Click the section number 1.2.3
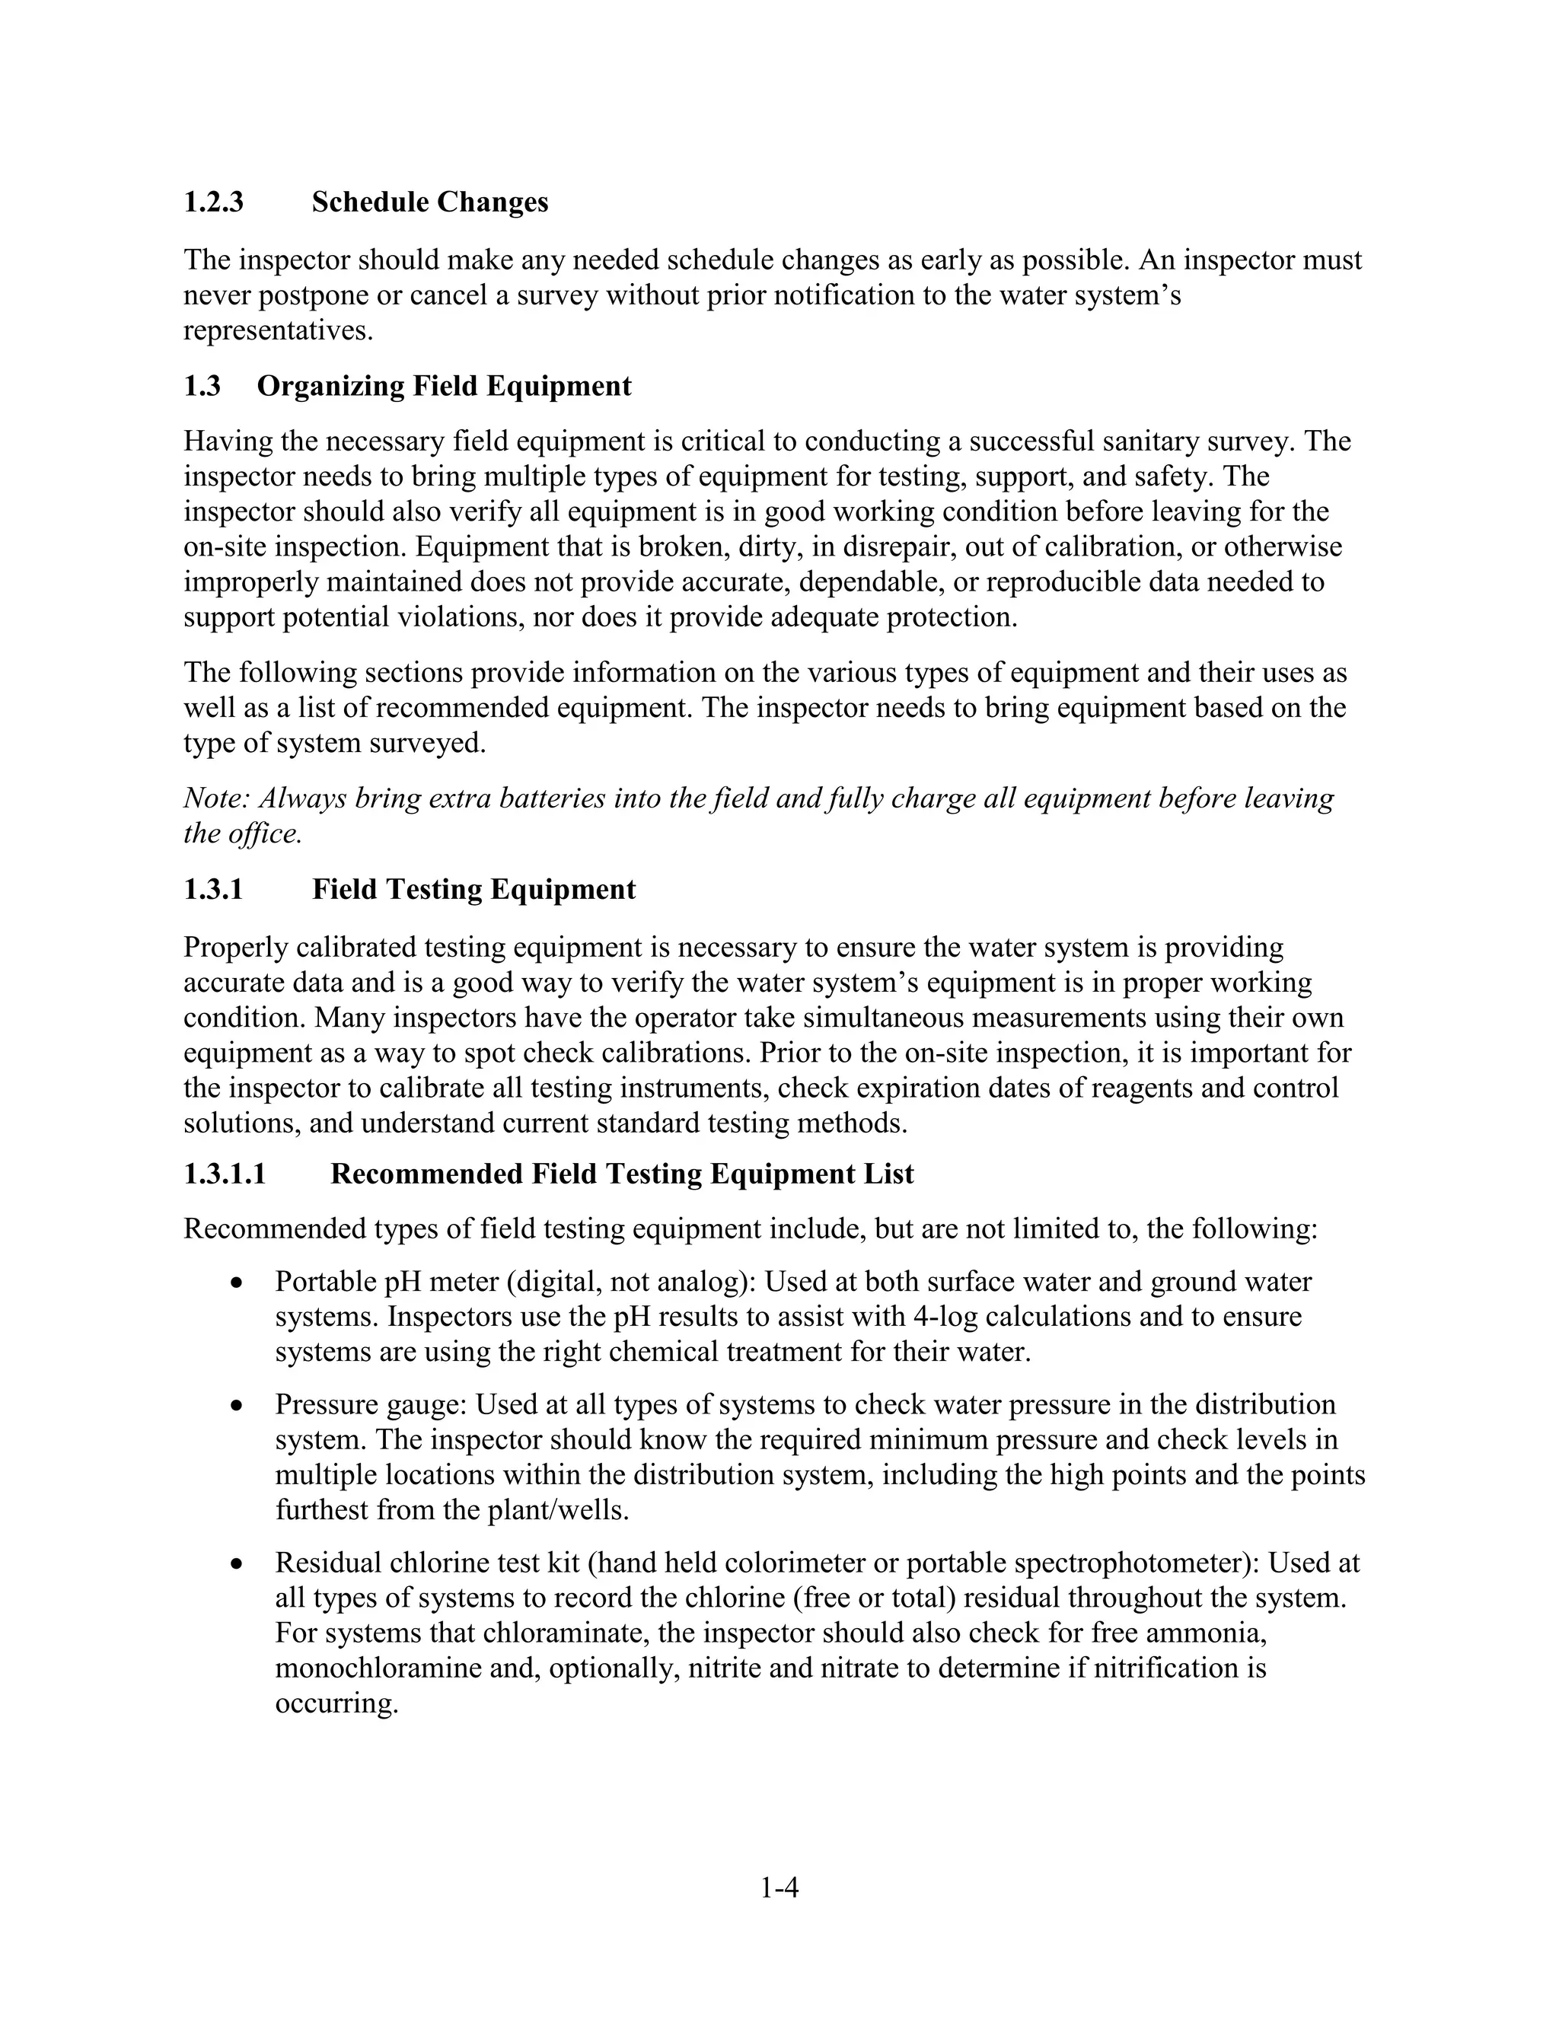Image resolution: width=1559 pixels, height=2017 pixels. pos(213,202)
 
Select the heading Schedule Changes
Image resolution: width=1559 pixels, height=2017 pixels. pos(429,202)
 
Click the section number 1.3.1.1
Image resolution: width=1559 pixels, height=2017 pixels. pos(225,1174)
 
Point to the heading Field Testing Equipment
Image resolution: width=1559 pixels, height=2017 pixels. pos(473,889)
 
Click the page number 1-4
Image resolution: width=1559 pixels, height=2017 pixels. pos(779,1888)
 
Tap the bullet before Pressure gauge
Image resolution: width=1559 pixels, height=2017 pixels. pos(238,1407)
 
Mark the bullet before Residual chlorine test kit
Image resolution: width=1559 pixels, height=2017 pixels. pos(238,1564)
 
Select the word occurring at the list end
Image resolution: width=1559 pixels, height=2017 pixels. pos(336,1704)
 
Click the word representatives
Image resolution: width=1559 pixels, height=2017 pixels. pos(278,330)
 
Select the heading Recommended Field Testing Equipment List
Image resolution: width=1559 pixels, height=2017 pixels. pos(622,1174)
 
